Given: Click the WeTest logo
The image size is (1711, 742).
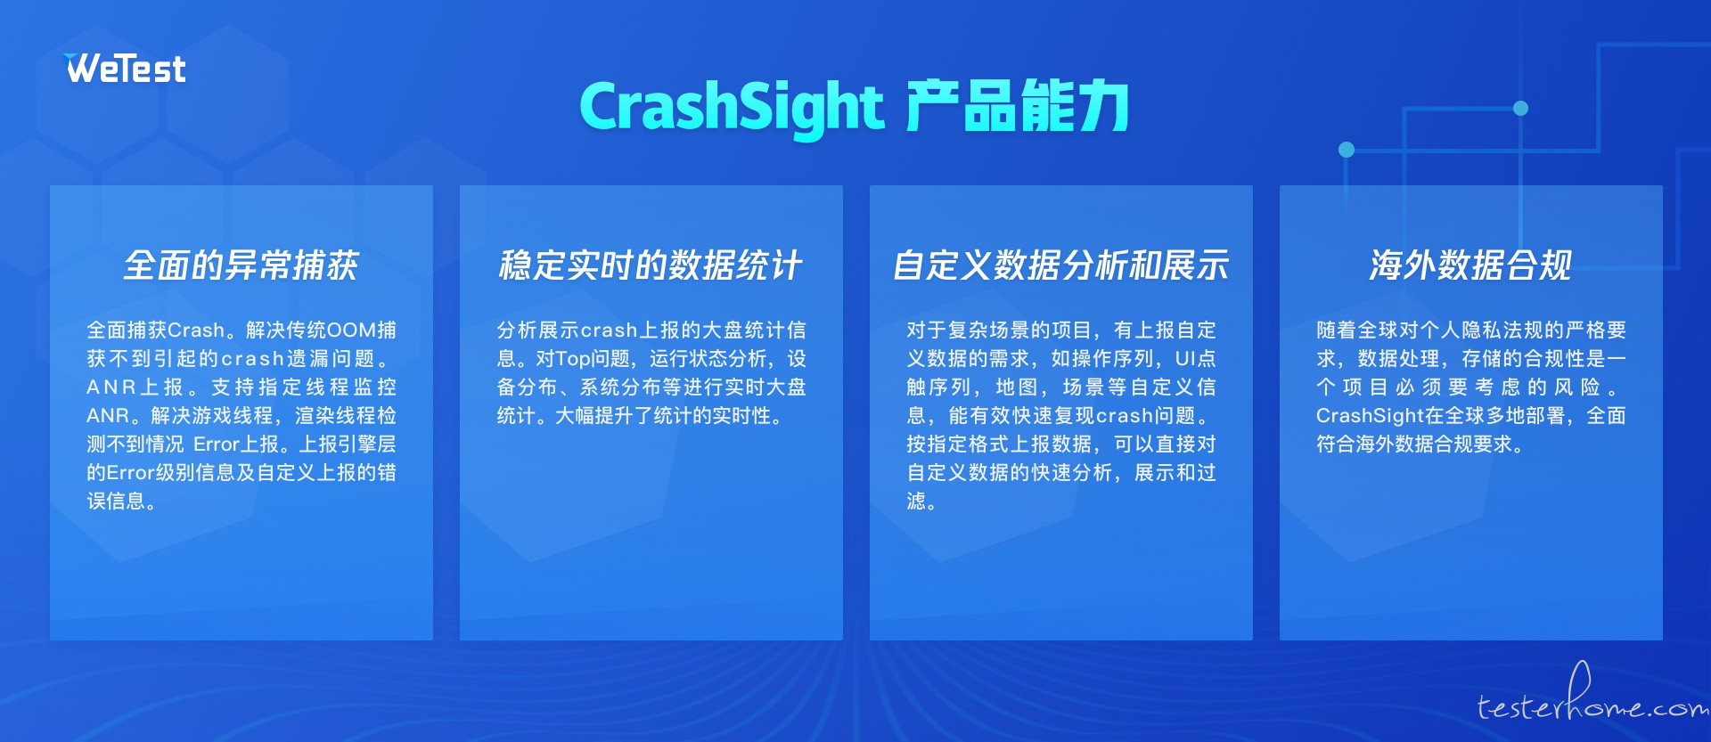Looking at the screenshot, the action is coord(125,69).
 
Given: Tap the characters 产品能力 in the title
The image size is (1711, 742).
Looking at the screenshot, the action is coord(1018,106).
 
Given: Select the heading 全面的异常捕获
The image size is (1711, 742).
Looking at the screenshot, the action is coord(241,265).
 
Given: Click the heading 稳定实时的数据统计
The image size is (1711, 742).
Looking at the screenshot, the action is coord(651,265).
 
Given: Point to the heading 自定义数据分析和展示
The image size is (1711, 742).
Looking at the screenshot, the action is coord(1060,265).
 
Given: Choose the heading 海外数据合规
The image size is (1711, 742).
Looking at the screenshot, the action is coord(1470,265).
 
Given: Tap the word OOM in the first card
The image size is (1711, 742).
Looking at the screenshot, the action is coord(350,330).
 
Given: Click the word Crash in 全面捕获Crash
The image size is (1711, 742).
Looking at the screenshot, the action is coord(196,330).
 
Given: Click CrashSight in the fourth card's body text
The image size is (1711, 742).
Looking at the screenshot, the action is coord(1369,416).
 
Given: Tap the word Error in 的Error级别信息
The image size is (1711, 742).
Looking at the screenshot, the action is coord(130,473).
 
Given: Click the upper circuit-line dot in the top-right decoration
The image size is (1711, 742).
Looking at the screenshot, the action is coord(1521,109).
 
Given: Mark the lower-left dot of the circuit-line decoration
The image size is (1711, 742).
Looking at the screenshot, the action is coord(1347,150).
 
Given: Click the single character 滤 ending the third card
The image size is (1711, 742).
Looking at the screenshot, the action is coord(916,501).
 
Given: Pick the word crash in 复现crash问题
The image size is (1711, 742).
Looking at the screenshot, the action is coord(1125,416).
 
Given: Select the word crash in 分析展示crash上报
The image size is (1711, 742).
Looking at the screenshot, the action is coord(609,330).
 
